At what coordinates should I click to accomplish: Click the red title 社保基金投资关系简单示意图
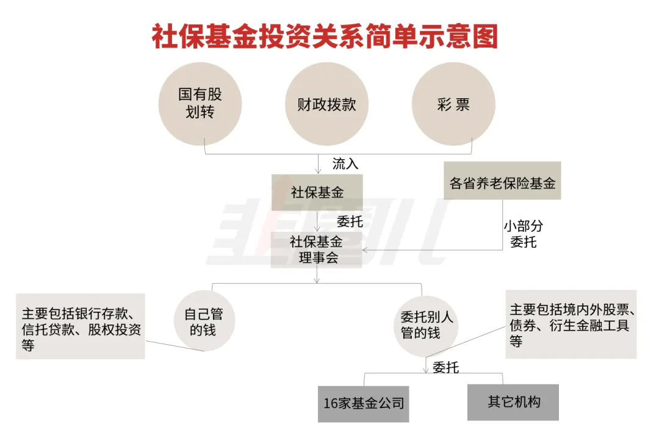click(325, 37)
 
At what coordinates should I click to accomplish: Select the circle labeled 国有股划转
click(200, 104)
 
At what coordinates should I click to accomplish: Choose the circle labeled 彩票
click(453, 104)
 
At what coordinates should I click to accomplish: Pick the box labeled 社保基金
click(317, 193)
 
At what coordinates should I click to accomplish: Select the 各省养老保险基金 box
click(502, 182)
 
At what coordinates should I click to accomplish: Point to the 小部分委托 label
click(523, 234)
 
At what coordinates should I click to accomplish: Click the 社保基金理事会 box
click(317, 250)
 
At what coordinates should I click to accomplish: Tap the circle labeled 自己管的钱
click(204, 322)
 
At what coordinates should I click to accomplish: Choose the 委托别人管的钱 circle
click(427, 325)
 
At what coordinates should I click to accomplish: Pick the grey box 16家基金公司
click(364, 403)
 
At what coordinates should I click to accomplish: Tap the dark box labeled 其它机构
click(513, 402)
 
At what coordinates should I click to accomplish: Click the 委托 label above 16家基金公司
click(445, 367)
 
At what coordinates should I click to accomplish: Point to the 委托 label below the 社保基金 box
click(350, 221)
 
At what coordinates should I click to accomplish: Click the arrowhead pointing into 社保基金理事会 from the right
click(365, 250)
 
